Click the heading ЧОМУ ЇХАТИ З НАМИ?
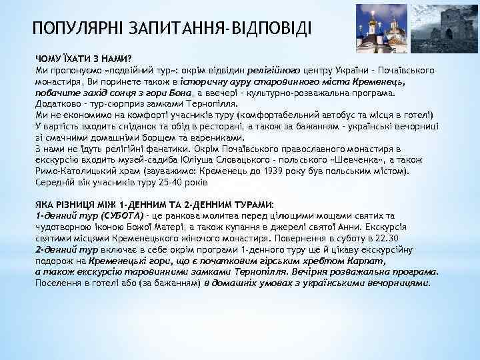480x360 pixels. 84,59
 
